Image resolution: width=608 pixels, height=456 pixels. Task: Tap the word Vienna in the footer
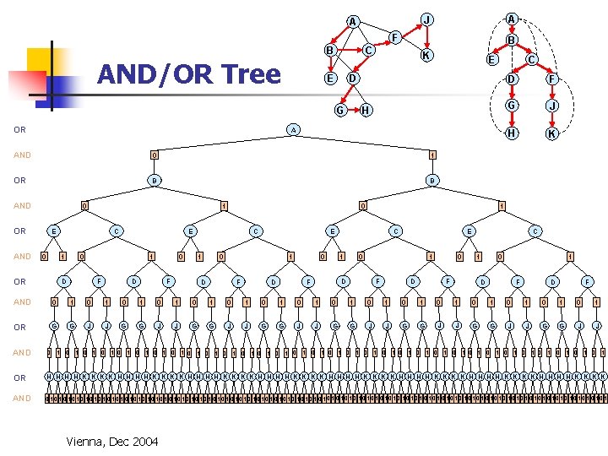coord(84,440)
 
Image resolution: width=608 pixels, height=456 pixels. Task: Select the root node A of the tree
coord(292,129)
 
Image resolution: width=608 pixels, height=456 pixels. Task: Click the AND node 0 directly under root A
coord(153,155)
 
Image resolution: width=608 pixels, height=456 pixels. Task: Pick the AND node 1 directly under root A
coord(432,155)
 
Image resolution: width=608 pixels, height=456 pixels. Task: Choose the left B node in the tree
coord(153,180)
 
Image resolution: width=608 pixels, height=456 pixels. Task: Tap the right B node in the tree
coord(432,180)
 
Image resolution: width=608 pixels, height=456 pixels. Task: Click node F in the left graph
coord(394,36)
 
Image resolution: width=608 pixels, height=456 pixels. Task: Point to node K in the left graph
coord(427,56)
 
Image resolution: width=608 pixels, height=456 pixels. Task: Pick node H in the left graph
coord(365,110)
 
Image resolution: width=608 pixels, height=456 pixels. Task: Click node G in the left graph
coord(339,110)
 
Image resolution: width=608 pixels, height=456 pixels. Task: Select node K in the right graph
coord(551,133)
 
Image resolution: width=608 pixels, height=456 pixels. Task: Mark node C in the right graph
coord(531,59)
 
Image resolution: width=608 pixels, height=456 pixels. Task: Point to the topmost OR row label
coord(19,130)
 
